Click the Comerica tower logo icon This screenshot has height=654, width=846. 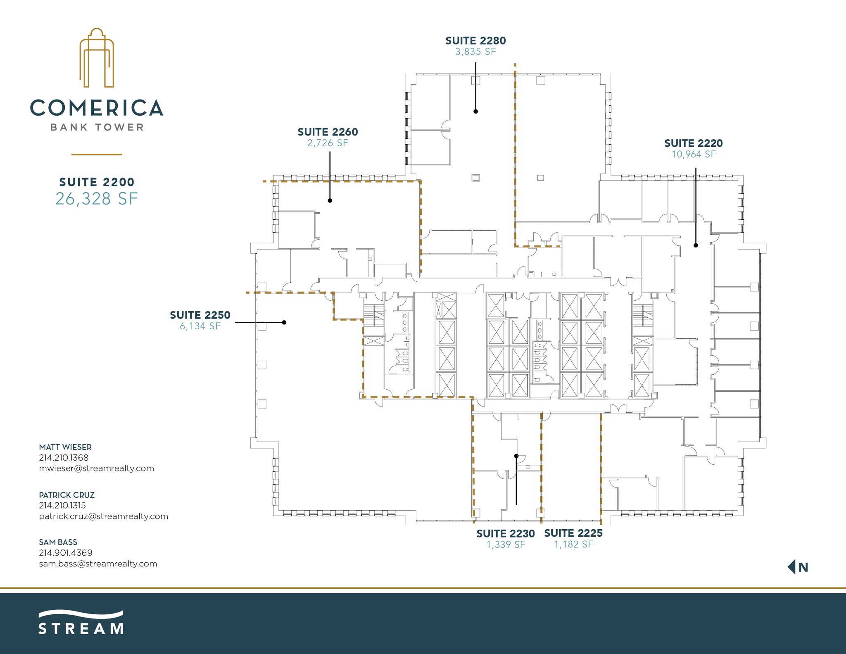(97, 58)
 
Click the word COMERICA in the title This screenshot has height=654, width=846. (97, 108)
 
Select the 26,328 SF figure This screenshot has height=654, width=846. (96, 199)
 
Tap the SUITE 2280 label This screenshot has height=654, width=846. (475, 41)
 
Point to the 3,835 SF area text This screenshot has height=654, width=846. (475, 52)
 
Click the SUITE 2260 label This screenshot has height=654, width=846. (328, 132)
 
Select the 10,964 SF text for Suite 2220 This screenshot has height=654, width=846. (694, 155)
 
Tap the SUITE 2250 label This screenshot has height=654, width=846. (200, 315)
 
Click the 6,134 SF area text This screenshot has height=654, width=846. (200, 326)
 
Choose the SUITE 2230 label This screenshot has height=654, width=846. (506, 534)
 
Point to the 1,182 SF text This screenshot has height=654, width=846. (573, 545)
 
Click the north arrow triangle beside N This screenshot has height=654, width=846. (791, 567)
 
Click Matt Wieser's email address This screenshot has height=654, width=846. (96, 469)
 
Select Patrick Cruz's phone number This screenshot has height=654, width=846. (62, 505)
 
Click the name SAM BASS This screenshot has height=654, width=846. (58, 542)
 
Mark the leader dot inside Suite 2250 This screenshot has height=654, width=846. (284, 322)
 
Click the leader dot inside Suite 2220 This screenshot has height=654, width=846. (696, 245)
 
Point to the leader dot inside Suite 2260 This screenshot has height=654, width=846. (330, 200)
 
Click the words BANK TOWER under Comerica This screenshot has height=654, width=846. (97, 127)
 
